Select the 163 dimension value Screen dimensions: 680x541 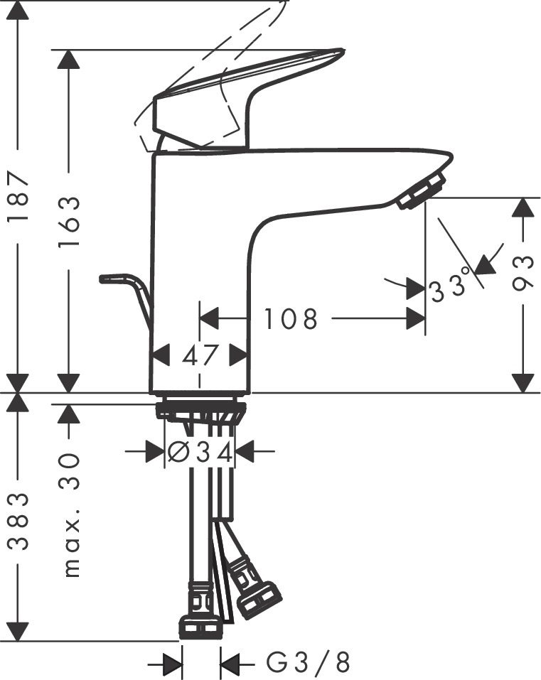69,222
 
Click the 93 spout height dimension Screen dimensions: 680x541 523,274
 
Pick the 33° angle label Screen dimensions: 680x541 451,287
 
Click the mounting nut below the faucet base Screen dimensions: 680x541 200,410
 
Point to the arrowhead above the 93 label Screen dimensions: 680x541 523,208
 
